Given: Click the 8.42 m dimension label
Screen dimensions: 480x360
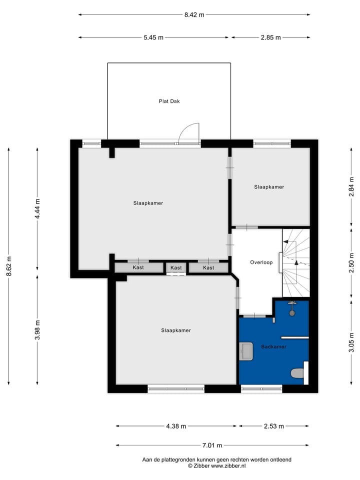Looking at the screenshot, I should (x=194, y=14).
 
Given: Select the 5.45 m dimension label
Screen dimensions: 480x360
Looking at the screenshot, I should (x=153, y=37).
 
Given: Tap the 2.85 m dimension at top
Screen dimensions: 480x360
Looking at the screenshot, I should (x=270, y=37).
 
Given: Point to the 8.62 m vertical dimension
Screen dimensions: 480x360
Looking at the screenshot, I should (x=9, y=265).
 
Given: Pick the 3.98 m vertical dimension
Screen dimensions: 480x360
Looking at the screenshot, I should (x=37, y=330).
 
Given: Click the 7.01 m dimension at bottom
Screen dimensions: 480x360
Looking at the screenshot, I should (x=212, y=445).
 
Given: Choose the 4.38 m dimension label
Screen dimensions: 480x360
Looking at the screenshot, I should (x=176, y=426).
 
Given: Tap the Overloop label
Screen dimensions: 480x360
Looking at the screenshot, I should (x=261, y=262).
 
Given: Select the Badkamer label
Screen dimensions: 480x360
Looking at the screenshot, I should (x=273, y=346).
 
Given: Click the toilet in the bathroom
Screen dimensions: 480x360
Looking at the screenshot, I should (x=296, y=373).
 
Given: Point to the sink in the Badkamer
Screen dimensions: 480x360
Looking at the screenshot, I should (x=246, y=351).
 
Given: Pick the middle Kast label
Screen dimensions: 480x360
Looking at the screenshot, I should (x=176, y=268).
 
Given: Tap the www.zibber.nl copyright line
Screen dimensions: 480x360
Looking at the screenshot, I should (x=216, y=466).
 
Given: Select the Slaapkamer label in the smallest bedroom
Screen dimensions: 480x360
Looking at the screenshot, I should (x=269, y=187).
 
